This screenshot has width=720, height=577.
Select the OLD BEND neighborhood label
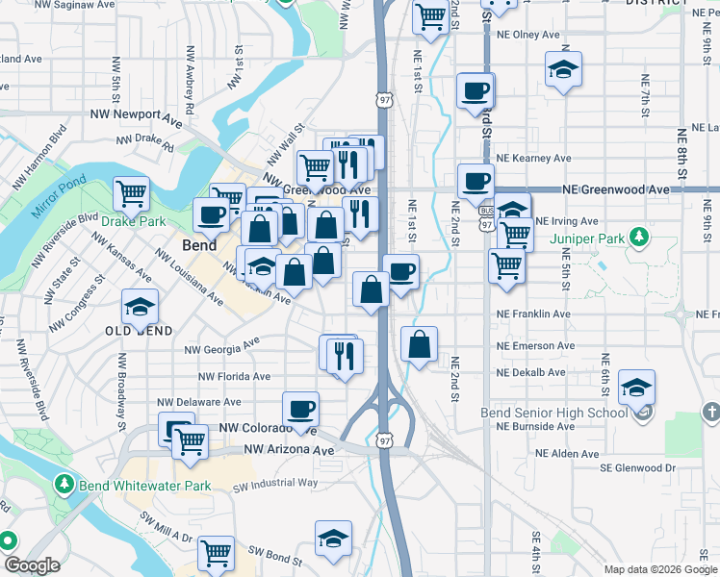(x=140, y=331)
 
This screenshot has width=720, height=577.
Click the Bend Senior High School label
(x=554, y=413)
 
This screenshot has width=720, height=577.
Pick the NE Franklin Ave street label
(x=533, y=314)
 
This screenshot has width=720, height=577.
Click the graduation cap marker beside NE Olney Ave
(x=563, y=69)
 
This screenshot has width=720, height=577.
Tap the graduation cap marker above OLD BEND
(x=141, y=307)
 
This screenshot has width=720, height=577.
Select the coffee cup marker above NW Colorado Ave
(x=300, y=409)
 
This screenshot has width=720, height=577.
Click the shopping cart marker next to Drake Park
(x=132, y=193)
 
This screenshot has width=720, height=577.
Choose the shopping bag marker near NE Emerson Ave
(x=419, y=344)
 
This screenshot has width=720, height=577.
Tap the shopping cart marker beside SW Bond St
(x=217, y=554)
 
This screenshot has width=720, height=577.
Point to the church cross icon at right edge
(x=711, y=412)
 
